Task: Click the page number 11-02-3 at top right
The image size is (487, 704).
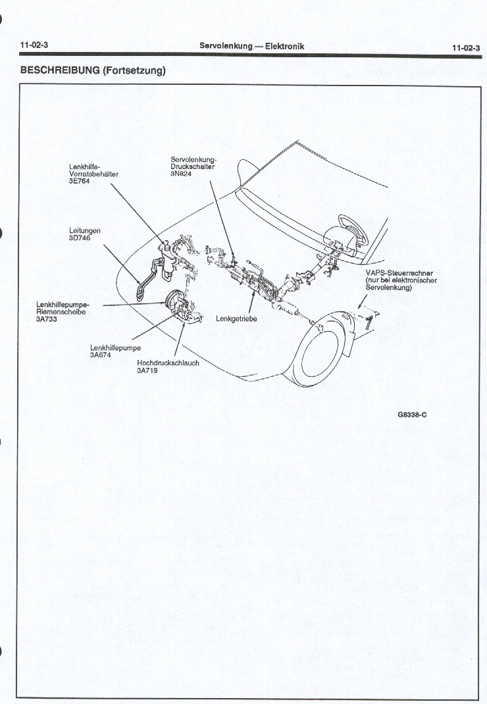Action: (465, 47)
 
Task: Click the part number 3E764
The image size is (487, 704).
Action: (80, 182)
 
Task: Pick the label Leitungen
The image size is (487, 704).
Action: (85, 231)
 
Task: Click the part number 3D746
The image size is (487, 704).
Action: (80, 238)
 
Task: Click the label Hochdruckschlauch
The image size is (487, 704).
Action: (168, 363)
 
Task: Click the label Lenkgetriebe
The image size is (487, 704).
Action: (236, 318)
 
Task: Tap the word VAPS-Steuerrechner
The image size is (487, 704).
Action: (401, 273)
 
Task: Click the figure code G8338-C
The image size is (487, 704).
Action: (413, 415)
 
